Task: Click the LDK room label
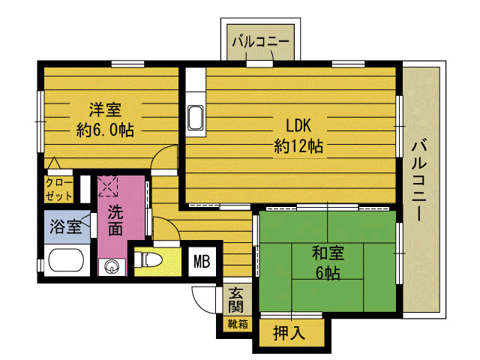tap(298, 125)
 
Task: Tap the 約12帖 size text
tap(298, 146)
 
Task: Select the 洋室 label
tap(105, 109)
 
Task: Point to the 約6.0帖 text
tap(105, 130)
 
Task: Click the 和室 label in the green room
tap(328, 253)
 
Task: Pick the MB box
tap(202, 262)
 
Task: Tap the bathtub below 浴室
tap(66, 259)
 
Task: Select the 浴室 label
tap(66, 226)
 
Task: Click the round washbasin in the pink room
tap(112, 266)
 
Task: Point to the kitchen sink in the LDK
tap(195, 118)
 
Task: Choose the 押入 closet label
tap(289, 333)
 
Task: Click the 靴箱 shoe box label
tap(238, 324)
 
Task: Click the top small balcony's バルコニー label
tap(261, 41)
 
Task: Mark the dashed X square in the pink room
tap(108, 186)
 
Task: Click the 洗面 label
tap(115, 220)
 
